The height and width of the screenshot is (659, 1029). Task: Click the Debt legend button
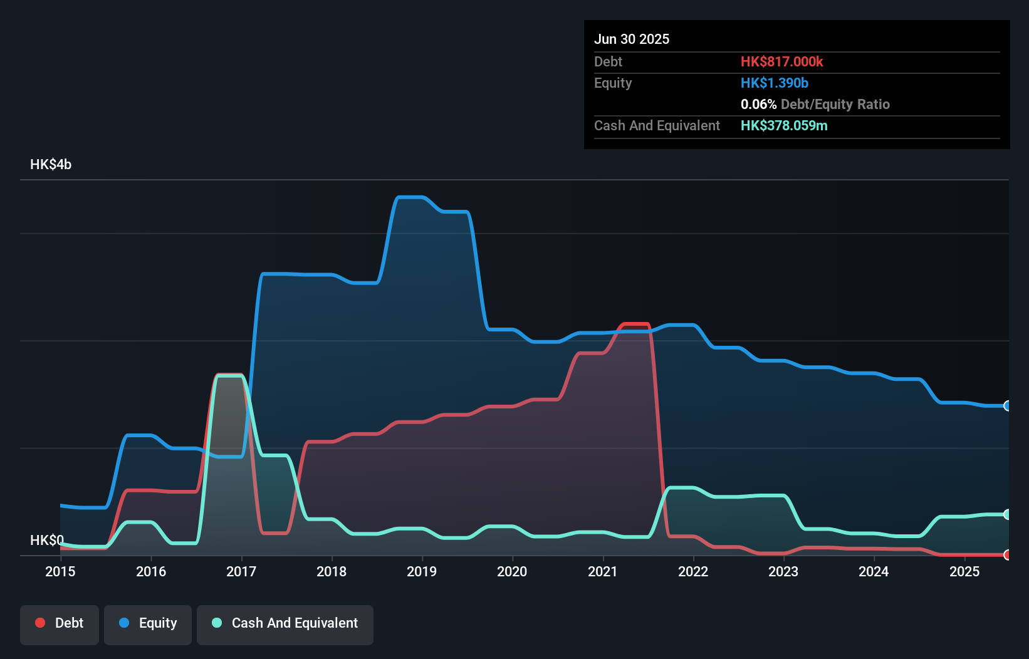coord(60,624)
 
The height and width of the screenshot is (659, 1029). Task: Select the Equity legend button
coord(148,624)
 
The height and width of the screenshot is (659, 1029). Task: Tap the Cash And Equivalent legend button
coord(285,624)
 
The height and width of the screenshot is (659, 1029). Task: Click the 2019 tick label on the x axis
coord(422,571)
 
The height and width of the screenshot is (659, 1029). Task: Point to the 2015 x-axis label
coord(60,571)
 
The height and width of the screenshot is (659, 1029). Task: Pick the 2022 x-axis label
coord(693,571)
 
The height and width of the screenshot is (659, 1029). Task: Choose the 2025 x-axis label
coord(964,571)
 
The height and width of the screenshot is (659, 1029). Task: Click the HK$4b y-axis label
coord(51,165)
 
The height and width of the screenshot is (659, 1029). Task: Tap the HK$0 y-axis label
coord(47,540)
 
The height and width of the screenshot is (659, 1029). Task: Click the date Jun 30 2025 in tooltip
coord(632,39)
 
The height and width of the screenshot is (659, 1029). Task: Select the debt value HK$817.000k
coord(781,62)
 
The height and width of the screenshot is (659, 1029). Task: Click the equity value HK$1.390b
coord(774,83)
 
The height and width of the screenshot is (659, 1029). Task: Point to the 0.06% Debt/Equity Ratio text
coord(815,105)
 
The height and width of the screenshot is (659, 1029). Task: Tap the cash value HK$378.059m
coord(783,126)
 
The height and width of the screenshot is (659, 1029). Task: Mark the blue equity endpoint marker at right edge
coord(1007,406)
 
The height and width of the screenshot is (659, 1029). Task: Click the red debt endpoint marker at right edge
coord(1007,555)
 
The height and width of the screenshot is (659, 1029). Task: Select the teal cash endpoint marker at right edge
coord(1007,514)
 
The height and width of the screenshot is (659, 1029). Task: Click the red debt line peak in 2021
coord(635,324)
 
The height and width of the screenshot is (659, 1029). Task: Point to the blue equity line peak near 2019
coord(411,198)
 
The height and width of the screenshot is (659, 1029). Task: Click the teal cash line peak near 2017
coord(229,376)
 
